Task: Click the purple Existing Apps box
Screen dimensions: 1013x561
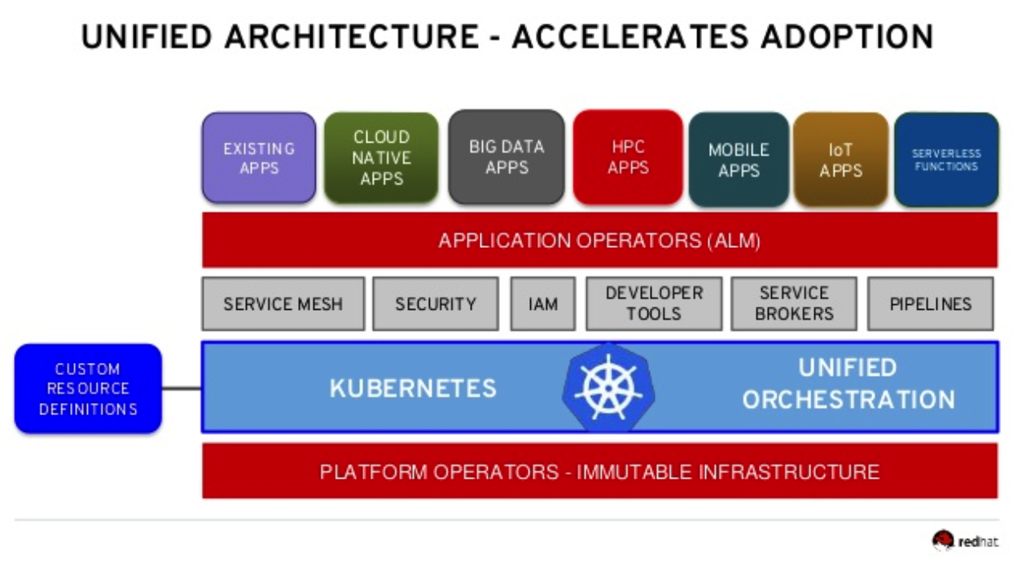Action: (x=259, y=157)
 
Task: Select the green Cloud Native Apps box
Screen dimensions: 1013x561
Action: (x=381, y=157)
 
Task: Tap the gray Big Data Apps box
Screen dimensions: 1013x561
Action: (x=506, y=157)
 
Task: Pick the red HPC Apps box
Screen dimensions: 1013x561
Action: (x=628, y=157)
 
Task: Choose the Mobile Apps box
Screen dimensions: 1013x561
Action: (x=739, y=159)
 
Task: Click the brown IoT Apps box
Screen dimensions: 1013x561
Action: (x=840, y=159)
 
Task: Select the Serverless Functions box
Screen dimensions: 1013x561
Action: (x=946, y=159)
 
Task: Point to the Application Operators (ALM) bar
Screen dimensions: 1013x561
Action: (x=599, y=240)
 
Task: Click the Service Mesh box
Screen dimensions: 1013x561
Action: (x=283, y=304)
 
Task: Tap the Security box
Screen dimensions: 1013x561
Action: (x=436, y=304)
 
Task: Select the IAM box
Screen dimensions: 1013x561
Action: (x=542, y=304)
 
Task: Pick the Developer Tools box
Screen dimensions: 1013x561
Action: (x=654, y=304)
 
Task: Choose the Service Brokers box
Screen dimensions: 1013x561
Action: (x=794, y=304)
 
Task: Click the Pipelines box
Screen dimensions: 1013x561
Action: (x=930, y=304)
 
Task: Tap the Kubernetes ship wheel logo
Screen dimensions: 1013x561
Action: (x=608, y=387)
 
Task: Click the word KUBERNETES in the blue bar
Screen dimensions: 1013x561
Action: (x=413, y=388)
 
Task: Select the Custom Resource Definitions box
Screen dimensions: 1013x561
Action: (x=88, y=388)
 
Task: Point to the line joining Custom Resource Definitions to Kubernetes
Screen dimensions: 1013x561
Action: (x=182, y=388)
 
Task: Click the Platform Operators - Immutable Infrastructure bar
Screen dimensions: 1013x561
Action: (x=599, y=470)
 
